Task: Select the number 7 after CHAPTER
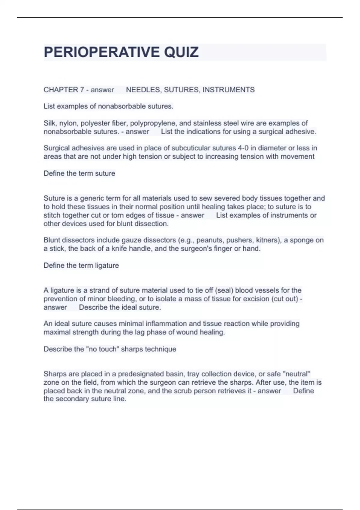(82, 90)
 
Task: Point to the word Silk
(49, 123)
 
